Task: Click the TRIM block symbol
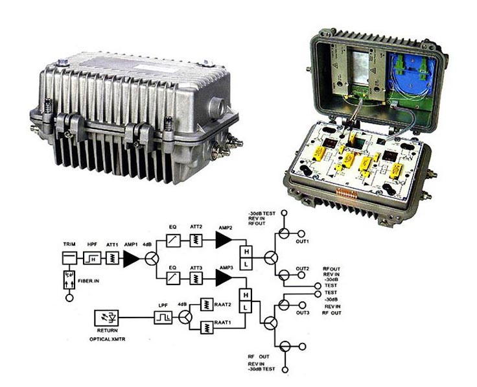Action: (x=69, y=258)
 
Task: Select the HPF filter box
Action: (x=92, y=258)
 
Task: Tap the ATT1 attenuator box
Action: (x=112, y=258)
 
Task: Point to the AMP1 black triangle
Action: (x=131, y=259)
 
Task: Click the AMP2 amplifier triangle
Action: (x=224, y=240)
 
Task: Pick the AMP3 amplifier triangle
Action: (x=224, y=278)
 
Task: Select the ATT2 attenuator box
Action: (x=196, y=240)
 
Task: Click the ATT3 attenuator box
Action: (x=196, y=278)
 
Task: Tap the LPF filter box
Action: (x=163, y=318)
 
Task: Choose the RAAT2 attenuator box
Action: (x=207, y=304)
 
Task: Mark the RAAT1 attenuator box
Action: (x=207, y=327)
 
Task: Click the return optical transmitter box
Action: (x=106, y=318)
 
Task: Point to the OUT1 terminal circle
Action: (x=301, y=233)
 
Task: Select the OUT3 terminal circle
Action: (x=302, y=305)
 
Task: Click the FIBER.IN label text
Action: (x=89, y=281)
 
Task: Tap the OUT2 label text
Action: (x=303, y=268)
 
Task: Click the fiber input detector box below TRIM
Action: (x=69, y=280)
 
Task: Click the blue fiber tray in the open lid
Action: (x=410, y=75)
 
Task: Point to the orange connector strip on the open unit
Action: (x=345, y=193)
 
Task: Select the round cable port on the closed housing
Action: (x=219, y=105)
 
